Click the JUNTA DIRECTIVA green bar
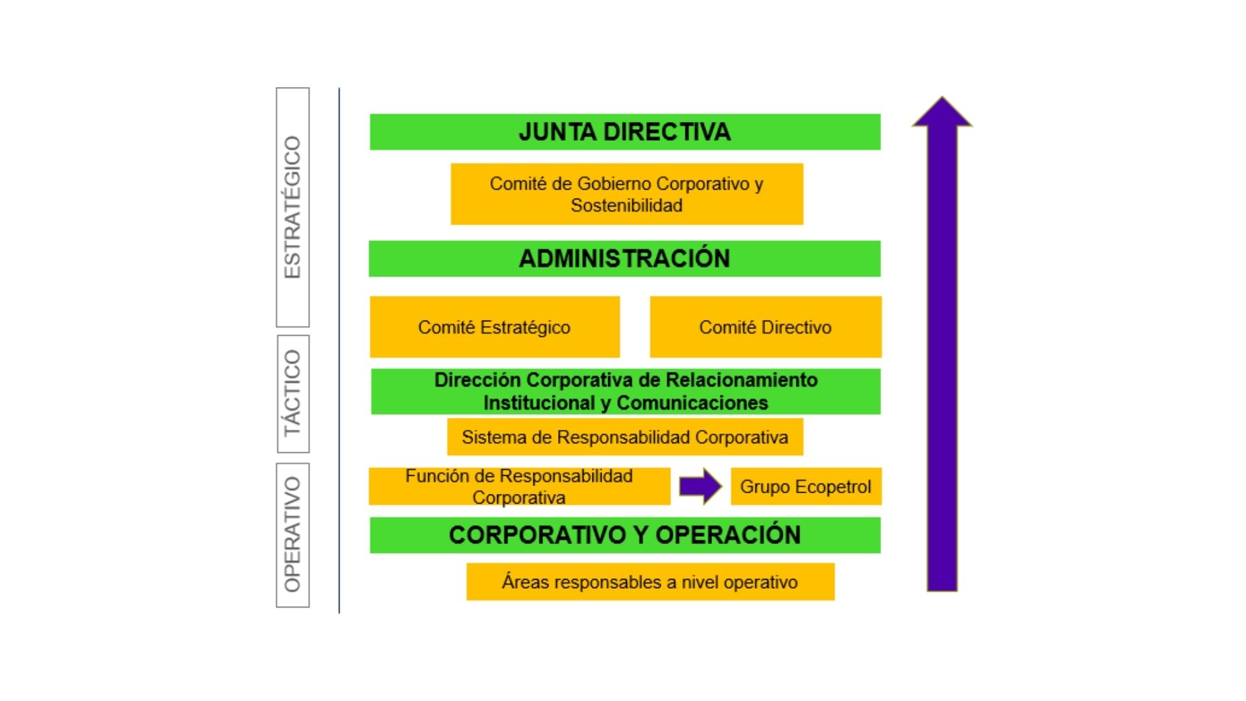point(625,132)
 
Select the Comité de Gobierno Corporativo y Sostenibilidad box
point(627,194)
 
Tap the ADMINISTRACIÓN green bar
point(624,258)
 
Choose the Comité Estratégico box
point(495,327)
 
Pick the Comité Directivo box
point(766,327)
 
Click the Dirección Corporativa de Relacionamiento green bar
point(626,391)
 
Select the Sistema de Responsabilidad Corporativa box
point(625,437)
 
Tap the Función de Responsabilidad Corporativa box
point(519,486)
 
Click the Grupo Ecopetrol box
point(806,486)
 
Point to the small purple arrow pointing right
point(700,486)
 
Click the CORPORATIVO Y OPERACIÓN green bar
point(625,535)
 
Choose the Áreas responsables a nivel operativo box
point(650,582)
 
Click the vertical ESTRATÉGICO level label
point(293,207)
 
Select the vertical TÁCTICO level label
point(293,393)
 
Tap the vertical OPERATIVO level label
point(293,535)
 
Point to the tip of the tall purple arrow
point(942,99)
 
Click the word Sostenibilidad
point(627,206)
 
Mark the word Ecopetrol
point(833,487)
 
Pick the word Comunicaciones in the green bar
point(692,403)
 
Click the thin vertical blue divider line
point(339,350)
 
